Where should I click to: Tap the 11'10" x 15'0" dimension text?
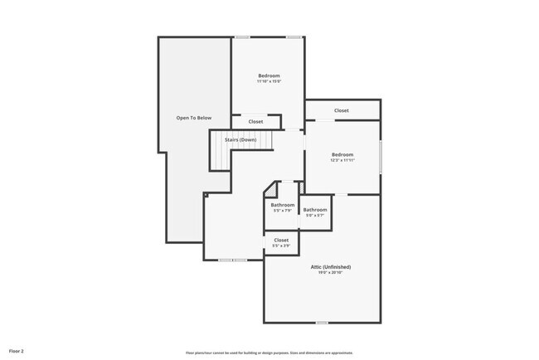(x=269, y=81)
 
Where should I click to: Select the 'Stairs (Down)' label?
(x=240, y=139)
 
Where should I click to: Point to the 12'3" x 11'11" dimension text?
(x=342, y=160)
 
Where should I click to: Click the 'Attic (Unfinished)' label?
(x=331, y=266)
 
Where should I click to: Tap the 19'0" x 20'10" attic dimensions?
(x=331, y=272)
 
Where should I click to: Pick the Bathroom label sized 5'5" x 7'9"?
(x=283, y=205)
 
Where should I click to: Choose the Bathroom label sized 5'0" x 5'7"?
(x=315, y=210)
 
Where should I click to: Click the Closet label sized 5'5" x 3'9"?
(x=281, y=240)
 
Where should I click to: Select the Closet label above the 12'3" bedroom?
(x=342, y=110)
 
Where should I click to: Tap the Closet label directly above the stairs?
(x=256, y=122)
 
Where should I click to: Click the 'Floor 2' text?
(x=17, y=352)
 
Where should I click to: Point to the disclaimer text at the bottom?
(x=269, y=353)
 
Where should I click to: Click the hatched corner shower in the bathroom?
(x=269, y=190)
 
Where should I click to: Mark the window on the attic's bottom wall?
(x=322, y=322)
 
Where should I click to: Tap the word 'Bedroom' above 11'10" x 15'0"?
(x=269, y=75)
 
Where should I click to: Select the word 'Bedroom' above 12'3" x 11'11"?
(x=342, y=154)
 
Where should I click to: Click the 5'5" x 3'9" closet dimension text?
(x=281, y=246)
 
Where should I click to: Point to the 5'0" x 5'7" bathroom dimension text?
(x=315, y=216)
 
